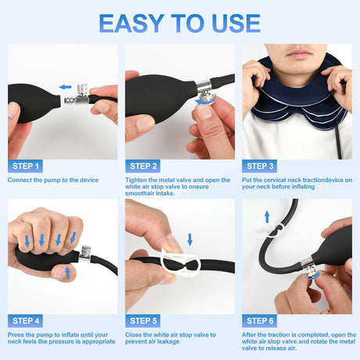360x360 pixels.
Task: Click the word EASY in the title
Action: coord(131,23)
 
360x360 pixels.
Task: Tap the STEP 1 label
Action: coord(25,166)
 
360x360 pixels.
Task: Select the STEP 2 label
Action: coord(143,166)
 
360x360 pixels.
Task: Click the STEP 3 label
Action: coord(260,166)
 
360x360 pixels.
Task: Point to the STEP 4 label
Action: coord(25,321)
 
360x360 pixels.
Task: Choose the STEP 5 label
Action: coord(143,321)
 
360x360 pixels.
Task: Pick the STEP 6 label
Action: coord(260,321)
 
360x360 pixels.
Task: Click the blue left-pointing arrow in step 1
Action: coord(65,87)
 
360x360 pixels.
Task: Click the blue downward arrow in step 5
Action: coord(190,239)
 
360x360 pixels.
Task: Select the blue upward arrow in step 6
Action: coord(267,217)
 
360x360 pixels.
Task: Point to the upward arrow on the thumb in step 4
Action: coord(67,272)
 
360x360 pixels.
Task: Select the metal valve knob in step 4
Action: coord(85,251)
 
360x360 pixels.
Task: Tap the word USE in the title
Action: coord(236,23)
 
